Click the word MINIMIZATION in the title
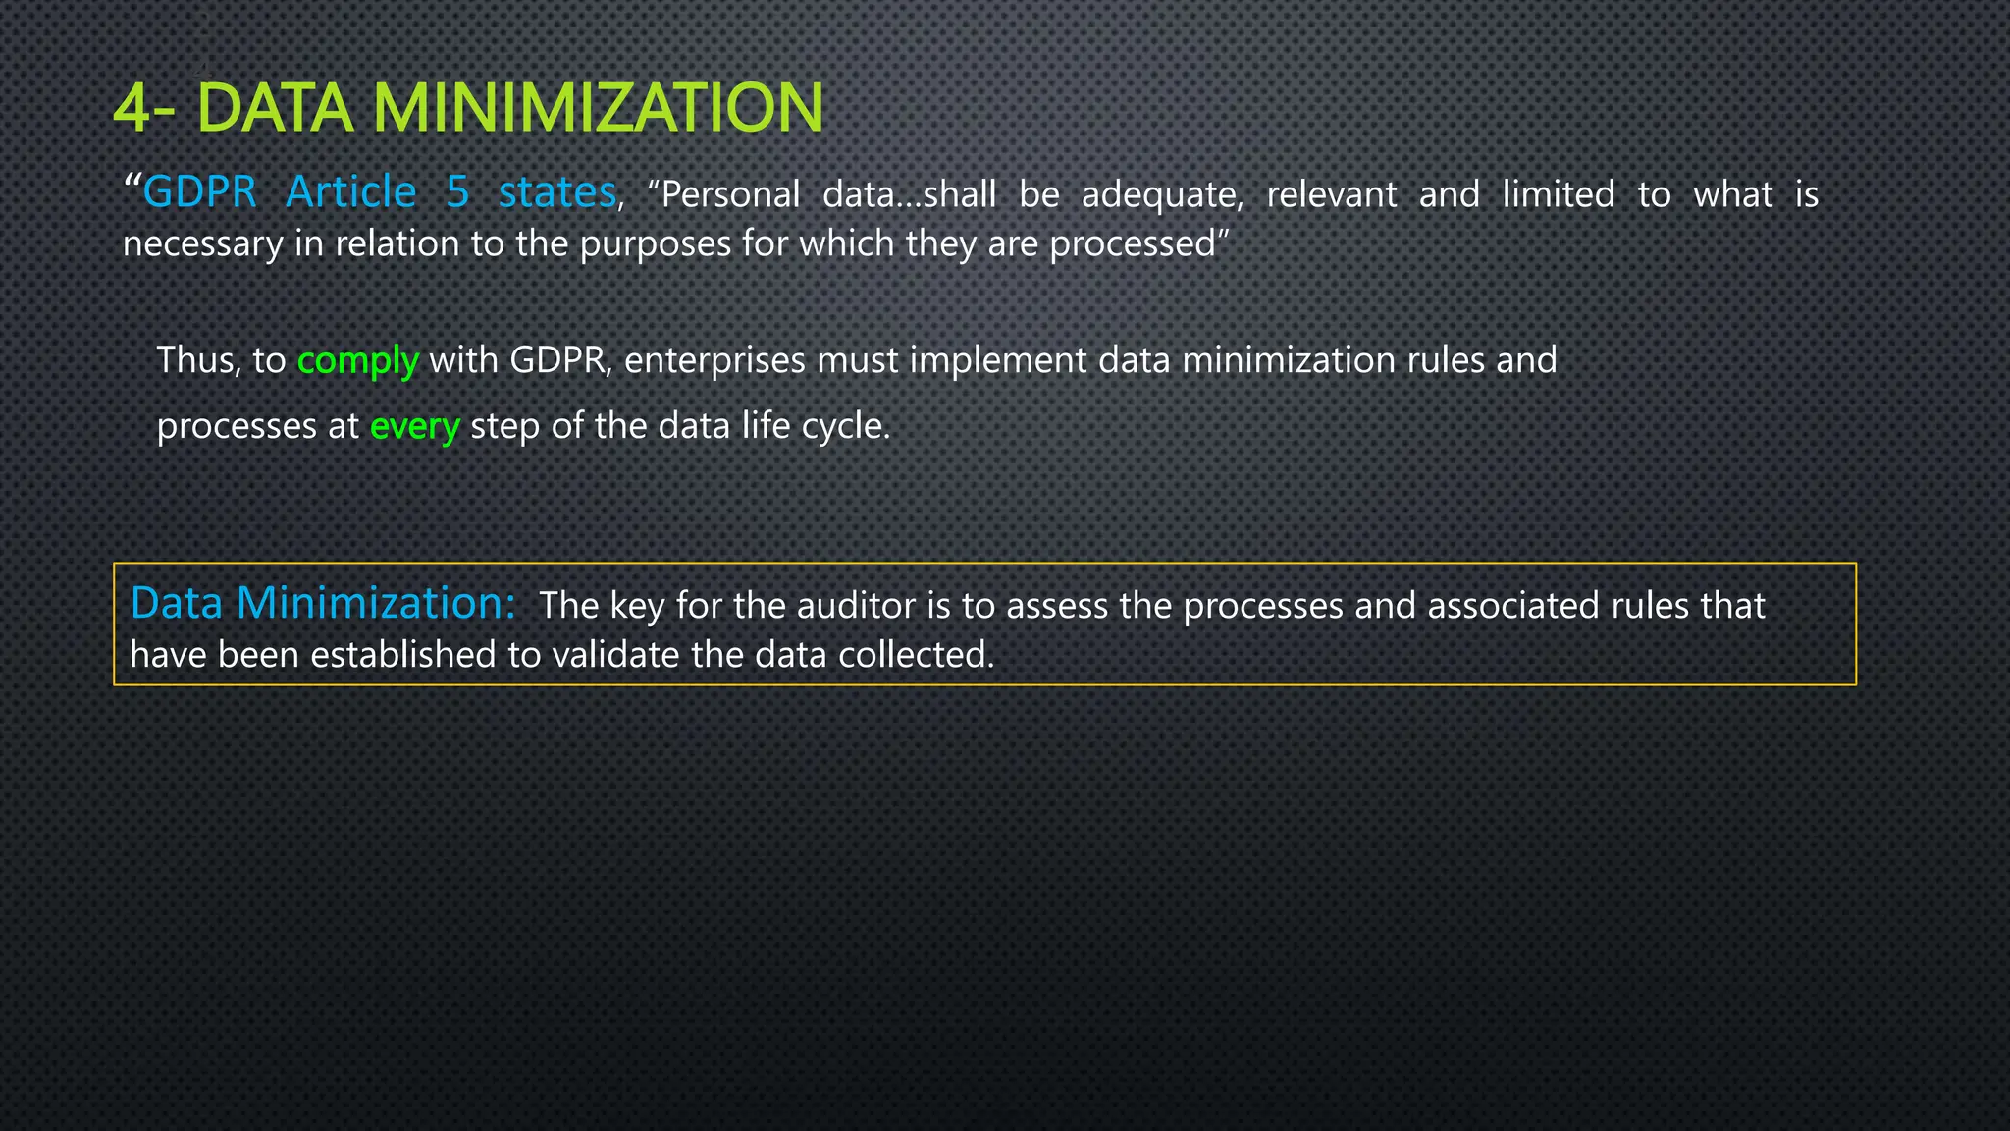point(598,108)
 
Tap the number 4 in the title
point(132,109)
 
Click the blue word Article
point(350,192)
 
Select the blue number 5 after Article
point(457,192)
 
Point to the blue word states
point(556,192)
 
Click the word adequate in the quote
point(1162,195)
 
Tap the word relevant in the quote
point(1331,195)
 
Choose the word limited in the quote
point(1558,194)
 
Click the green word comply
point(357,361)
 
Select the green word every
point(414,427)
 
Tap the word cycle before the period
point(843,427)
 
